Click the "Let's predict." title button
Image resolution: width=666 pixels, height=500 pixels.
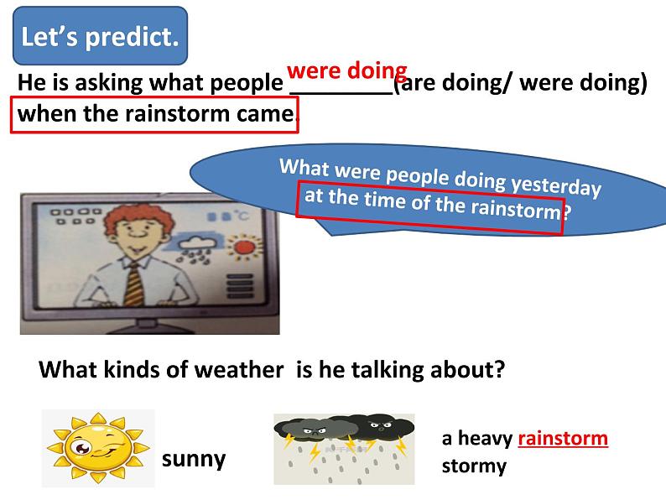[101, 36]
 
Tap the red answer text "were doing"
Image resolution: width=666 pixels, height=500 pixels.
[347, 70]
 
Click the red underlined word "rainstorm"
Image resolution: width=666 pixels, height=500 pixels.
[563, 439]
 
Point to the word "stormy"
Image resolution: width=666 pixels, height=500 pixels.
[474, 466]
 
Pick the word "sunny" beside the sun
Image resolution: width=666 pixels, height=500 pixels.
[194, 459]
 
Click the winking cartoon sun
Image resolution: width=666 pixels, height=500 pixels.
[98, 448]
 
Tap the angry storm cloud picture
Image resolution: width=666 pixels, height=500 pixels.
[344, 449]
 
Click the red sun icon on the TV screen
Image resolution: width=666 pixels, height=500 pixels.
[245, 247]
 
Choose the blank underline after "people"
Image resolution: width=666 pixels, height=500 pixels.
[341, 92]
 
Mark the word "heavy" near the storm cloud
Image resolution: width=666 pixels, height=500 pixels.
[485, 439]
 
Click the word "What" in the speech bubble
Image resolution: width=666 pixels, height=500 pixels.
[304, 167]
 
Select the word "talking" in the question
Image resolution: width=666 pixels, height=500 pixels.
[388, 370]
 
